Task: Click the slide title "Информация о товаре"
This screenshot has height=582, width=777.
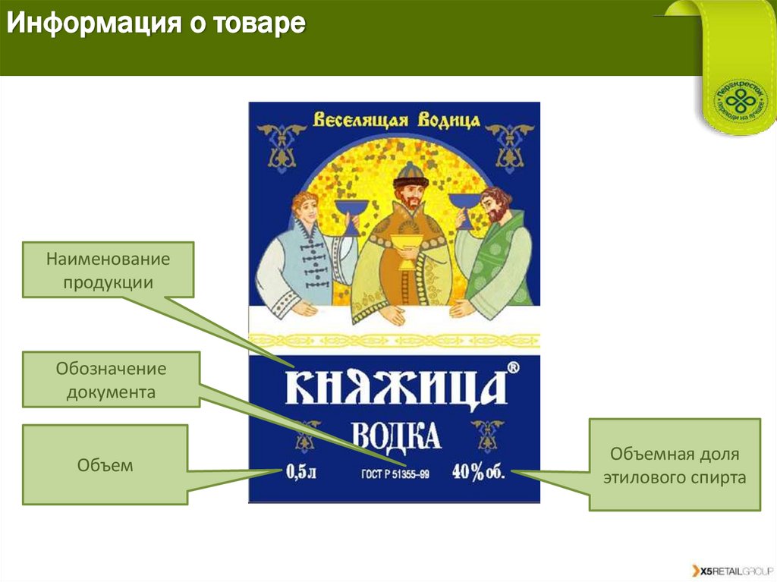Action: pos(156,24)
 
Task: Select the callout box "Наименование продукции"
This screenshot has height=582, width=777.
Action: pos(108,270)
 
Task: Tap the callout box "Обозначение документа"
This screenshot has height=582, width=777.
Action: pos(111,380)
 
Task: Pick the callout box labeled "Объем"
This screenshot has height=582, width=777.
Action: pos(105,464)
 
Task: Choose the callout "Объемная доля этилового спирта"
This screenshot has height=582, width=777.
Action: pos(675,464)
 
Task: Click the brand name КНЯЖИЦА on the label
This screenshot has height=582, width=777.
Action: pos(395,388)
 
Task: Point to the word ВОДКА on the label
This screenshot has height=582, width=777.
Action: pos(396,436)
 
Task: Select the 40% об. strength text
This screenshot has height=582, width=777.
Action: pos(478,472)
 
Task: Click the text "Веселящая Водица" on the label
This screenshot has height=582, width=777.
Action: pos(396,120)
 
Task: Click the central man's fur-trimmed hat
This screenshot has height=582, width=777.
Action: pos(411,172)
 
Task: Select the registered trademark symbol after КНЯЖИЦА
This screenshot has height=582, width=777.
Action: pos(513,368)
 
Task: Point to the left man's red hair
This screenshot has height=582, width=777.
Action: pos(304,201)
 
